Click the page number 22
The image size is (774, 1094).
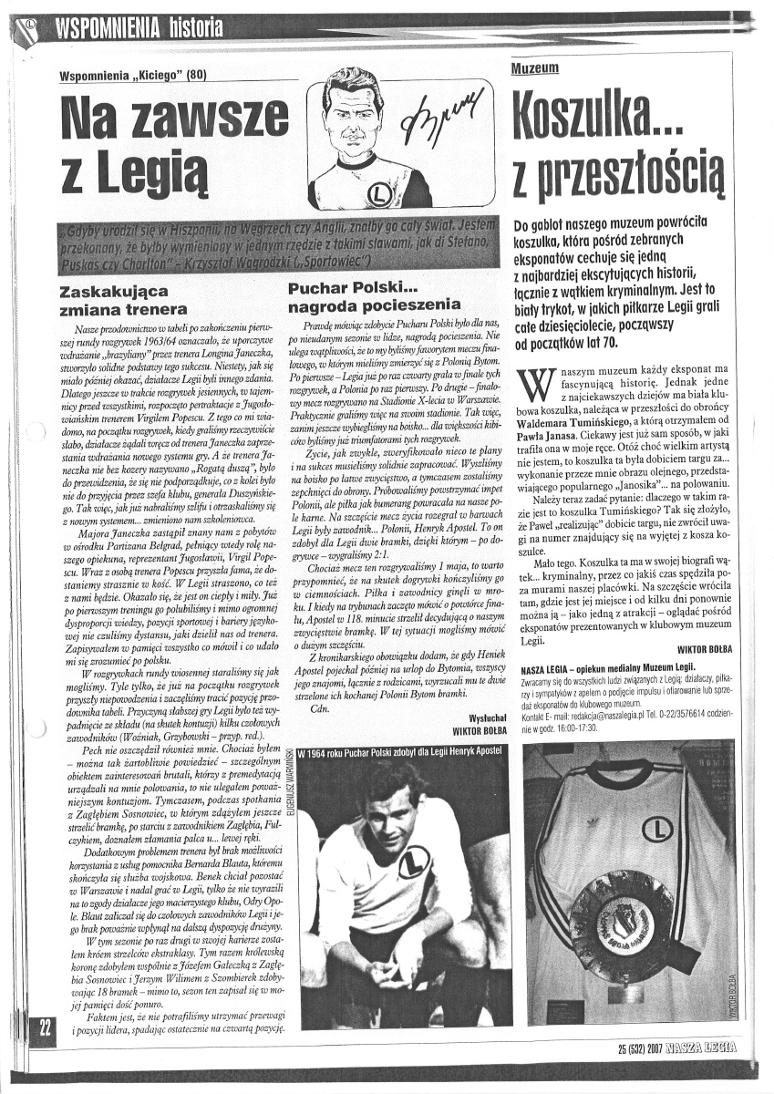click(x=44, y=1026)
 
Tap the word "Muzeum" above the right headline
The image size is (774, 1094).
click(x=535, y=68)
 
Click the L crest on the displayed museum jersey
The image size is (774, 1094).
click(x=657, y=828)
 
